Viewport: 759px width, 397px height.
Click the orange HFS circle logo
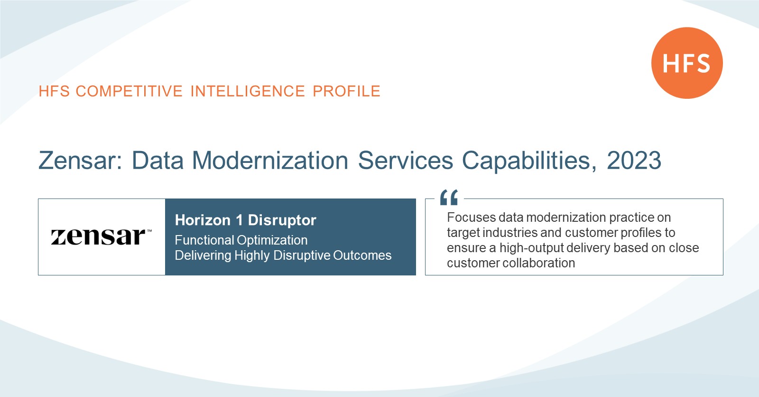click(687, 63)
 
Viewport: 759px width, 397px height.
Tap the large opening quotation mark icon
click(449, 197)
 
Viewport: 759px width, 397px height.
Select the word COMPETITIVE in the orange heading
click(129, 91)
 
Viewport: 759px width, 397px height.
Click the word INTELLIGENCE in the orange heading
click(248, 91)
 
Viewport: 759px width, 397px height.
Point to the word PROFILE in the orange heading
click(346, 91)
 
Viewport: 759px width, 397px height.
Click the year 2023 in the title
click(634, 160)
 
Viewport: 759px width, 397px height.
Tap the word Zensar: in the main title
click(80, 160)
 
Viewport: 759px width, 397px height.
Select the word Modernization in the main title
click(270, 160)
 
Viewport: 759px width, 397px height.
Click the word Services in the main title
click(405, 160)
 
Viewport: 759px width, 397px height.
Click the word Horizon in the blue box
click(203, 220)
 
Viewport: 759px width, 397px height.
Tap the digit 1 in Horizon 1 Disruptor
click(239, 220)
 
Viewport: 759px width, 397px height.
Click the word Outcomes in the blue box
click(362, 255)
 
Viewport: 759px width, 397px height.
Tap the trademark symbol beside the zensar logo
click(149, 231)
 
